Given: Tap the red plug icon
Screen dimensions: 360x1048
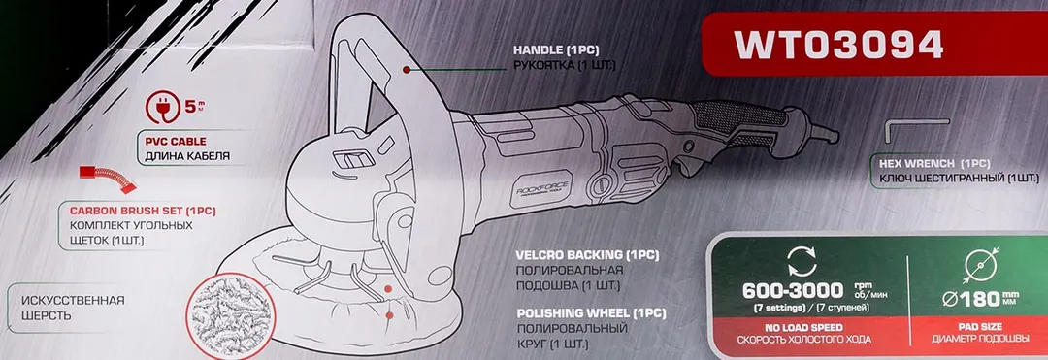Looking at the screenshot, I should tap(162, 109).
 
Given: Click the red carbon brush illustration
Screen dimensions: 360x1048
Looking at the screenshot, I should tap(105, 177).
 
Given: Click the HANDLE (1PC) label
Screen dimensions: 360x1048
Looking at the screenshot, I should tap(557, 49).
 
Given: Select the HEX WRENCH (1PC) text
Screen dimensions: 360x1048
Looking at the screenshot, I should tap(929, 165).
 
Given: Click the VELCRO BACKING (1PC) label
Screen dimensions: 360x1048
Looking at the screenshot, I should tap(587, 255).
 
